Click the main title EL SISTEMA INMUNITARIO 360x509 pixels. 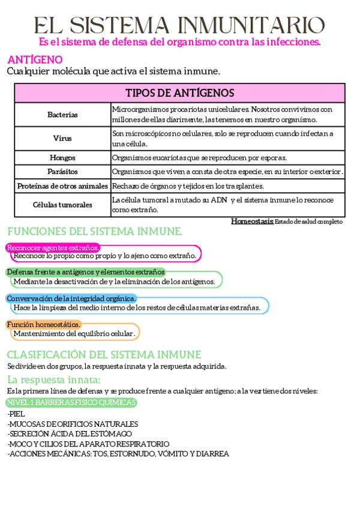(179, 25)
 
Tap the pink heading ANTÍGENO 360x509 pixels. (35, 59)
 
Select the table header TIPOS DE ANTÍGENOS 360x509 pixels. (179, 93)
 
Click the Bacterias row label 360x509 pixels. (62, 114)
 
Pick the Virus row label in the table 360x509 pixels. (62, 138)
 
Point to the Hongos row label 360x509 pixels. (62, 158)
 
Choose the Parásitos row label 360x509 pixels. (62, 172)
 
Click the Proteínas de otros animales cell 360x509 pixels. (62, 186)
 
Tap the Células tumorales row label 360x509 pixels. (62, 205)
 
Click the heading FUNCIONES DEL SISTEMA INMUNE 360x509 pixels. (95, 232)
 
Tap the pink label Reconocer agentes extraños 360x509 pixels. (53, 247)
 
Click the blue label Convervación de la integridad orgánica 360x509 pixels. (71, 298)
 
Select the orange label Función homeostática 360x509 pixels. (43, 325)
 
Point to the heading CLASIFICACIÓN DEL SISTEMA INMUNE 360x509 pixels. (104, 355)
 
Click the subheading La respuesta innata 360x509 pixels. (53, 379)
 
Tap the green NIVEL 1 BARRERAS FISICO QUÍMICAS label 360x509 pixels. (71, 402)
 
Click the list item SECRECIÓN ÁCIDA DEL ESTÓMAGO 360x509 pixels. (70, 434)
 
